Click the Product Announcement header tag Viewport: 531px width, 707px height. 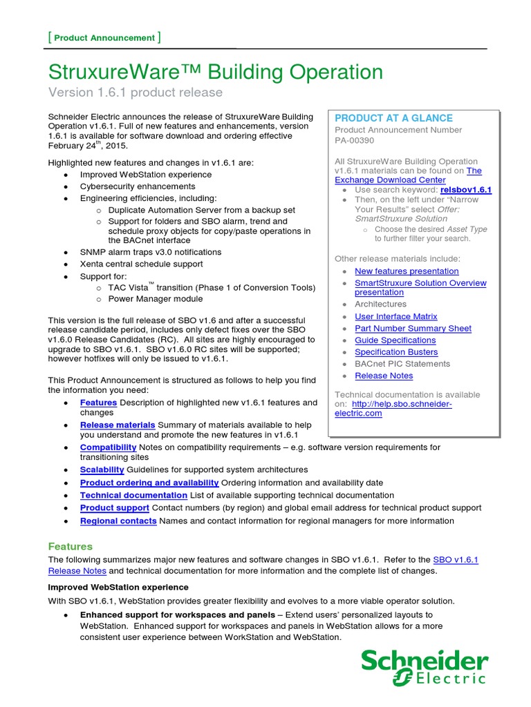(104, 38)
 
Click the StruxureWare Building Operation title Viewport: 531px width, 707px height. (215, 72)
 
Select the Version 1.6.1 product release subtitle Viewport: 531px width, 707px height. (135, 93)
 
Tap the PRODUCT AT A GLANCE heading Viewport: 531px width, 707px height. (393, 118)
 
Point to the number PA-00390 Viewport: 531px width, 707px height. (354, 142)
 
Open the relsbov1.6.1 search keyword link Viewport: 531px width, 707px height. (462, 189)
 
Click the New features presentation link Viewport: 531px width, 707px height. (407, 271)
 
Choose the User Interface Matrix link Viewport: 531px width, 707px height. (395, 316)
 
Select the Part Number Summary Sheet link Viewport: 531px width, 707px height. (413, 329)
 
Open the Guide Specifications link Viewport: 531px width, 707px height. (395, 340)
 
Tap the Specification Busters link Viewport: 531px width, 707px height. (395, 352)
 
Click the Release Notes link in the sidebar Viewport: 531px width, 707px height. (384, 376)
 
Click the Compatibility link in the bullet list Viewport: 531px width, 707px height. (108, 447)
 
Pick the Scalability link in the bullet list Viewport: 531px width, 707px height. (102, 469)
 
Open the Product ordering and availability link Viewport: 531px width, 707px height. (149, 483)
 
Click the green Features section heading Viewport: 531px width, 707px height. (70, 546)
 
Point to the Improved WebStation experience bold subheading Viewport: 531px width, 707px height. (118, 587)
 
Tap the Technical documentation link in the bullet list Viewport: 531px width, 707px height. (133, 495)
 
